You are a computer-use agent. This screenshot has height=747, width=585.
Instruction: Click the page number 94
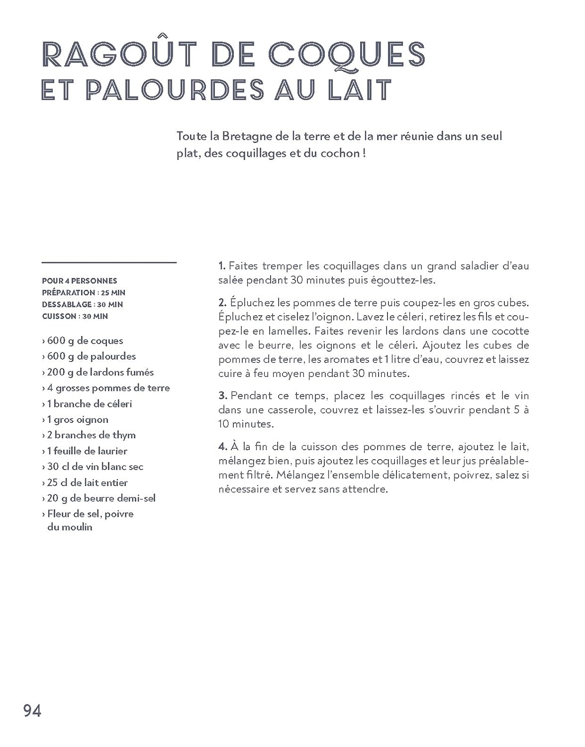32,711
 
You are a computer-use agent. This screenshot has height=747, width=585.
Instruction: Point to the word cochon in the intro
341,153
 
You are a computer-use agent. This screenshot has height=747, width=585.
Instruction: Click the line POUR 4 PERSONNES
80,281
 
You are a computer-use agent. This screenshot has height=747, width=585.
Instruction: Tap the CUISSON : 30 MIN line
75,316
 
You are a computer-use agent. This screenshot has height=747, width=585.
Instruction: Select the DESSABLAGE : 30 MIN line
83,304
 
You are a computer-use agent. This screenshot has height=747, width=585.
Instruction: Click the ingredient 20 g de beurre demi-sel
99,498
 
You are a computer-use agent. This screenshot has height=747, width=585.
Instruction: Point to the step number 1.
222,266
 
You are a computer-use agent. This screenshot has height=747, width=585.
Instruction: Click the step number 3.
222,396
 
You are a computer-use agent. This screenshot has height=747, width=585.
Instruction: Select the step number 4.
222,447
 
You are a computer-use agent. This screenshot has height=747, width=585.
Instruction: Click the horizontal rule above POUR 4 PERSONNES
109,262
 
